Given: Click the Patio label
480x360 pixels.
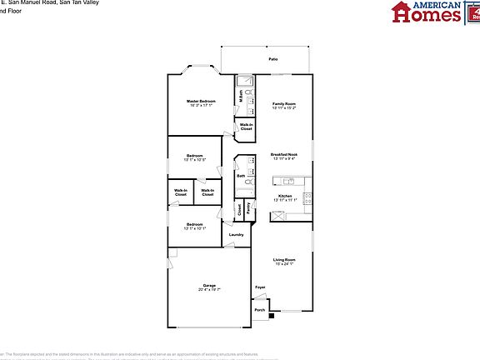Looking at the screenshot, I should coord(273,60).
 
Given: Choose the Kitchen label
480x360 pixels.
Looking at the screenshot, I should coord(284,197).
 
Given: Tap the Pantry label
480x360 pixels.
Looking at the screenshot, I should coord(248,206).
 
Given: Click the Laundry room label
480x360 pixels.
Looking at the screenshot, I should coord(236,235).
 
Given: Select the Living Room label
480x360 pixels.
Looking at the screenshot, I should coord(284,260).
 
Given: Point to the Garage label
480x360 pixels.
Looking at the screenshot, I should coord(210,286).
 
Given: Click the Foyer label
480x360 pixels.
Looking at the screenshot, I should coord(260,287).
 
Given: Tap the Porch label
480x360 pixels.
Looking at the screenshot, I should coord(260,310).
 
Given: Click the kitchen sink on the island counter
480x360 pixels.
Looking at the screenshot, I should coord(288,182).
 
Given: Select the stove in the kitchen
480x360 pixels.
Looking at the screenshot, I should coord(307,198).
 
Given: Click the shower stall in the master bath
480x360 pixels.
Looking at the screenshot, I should coord(245,82).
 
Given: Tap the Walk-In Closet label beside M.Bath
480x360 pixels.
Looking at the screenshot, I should coord(246,127).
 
